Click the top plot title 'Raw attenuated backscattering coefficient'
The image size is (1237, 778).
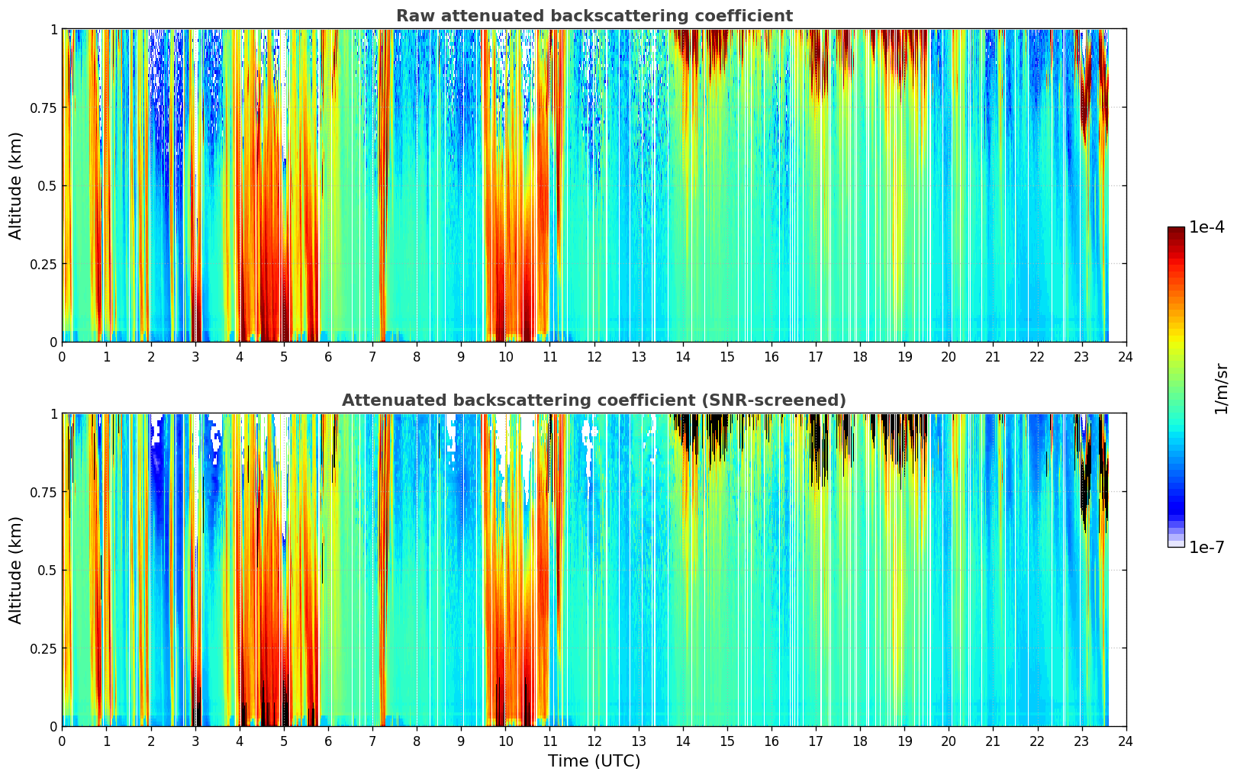pyautogui.click(x=594, y=16)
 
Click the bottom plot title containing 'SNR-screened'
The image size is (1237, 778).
pyautogui.click(x=594, y=400)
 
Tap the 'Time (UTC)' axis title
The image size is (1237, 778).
pyautogui.click(x=594, y=761)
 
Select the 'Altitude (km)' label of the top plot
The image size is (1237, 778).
pyautogui.click(x=16, y=185)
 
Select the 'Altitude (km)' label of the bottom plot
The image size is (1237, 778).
pyautogui.click(x=16, y=570)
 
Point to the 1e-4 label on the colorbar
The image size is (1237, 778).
pyautogui.click(x=1206, y=227)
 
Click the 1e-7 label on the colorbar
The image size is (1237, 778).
pyautogui.click(x=1206, y=547)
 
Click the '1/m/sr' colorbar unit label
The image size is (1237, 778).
pyautogui.click(x=1221, y=387)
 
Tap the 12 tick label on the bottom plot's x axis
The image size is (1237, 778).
pyautogui.click(x=594, y=741)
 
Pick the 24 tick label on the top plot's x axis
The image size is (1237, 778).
pyautogui.click(x=1126, y=357)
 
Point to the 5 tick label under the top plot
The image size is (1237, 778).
pyautogui.click(x=284, y=357)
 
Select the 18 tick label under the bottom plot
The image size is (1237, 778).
pyautogui.click(x=860, y=741)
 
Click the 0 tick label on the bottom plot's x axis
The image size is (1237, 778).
pyautogui.click(x=63, y=741)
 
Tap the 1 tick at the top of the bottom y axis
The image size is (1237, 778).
pyautogui.click(x=53, y=414)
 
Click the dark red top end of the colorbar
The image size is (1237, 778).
pyautogui.click(x=1176, y=231)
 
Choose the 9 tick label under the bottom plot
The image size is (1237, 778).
pyautogui.click(x=461, y=741)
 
